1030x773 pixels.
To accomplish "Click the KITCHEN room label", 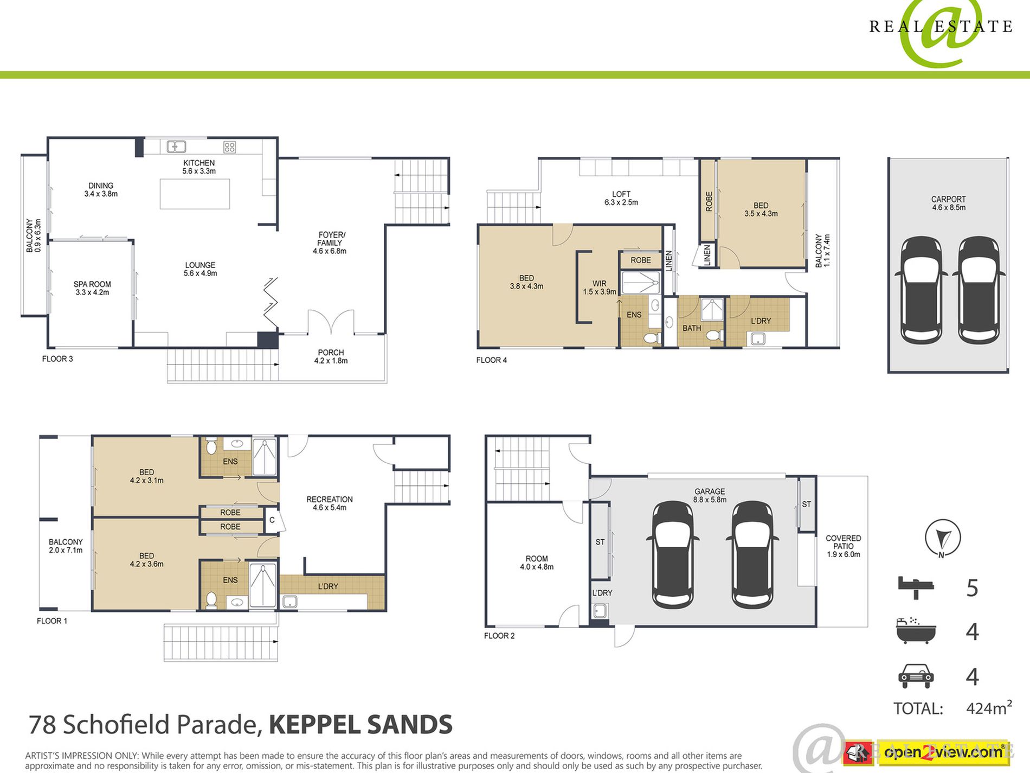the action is (x=199, y=163).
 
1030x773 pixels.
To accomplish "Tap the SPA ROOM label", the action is (x=92, y=284).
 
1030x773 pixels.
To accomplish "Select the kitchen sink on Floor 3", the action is (x=176, y=146).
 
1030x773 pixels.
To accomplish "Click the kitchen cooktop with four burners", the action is (x=229, y=146).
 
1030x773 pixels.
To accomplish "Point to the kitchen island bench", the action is (x=195, y=194).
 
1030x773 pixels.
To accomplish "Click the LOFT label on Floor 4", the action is (x=621, y=194).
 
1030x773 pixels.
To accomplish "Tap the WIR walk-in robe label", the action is (x=600, y=284).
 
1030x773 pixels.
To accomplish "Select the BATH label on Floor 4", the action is (x=692, y=328).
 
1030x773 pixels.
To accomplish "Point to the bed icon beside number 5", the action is (x=916, y=587).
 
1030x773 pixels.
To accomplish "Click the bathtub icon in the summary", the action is (x=916, y=631).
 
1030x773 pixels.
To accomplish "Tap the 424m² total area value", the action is (x=989, y=708).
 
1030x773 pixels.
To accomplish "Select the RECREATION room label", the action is (x=330, y=500).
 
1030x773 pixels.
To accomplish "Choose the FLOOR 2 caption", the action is (x=499, y=636).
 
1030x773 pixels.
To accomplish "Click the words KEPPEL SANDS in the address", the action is (x=360, y=725).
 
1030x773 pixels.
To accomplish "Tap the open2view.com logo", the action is (x=943, y=752).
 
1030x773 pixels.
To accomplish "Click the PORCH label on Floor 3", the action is (x=331, y=353).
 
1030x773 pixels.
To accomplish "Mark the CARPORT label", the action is (x=949, y=200).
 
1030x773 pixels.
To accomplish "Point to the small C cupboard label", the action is (x=272, y=520).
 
